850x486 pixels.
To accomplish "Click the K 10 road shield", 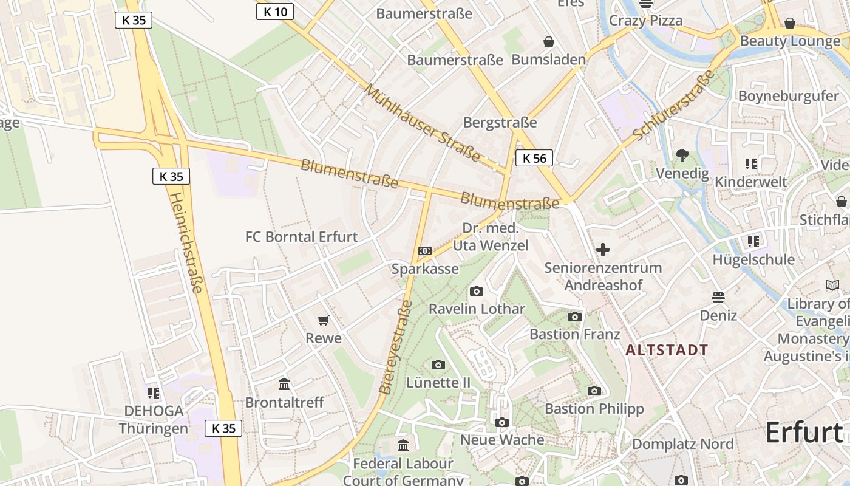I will point(275,12).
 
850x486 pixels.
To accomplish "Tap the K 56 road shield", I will point(534,159).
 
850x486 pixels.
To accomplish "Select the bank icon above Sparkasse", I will point(425,251).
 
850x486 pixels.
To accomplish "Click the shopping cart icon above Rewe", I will point(324,320).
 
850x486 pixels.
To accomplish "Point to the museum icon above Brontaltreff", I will point(284,384).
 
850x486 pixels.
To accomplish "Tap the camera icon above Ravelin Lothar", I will point(477,292).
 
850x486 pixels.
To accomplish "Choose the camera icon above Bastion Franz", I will point(575,317).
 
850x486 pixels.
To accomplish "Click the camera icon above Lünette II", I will point(438,364).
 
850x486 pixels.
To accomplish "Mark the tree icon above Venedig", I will point(682,156).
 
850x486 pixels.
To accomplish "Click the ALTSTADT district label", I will point(667,350).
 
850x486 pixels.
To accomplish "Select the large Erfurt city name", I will point(804,433).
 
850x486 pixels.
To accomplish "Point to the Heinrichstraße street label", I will point(185,243).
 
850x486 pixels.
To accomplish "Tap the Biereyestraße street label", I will point(395,347).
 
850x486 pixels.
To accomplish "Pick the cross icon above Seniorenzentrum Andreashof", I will point(602,250).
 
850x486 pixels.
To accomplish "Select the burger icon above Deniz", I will point(718,298).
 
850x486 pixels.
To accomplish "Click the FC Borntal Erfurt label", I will point(301,237).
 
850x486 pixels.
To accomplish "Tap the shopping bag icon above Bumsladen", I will point(549,42).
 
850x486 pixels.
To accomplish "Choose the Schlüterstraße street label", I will point(674,105).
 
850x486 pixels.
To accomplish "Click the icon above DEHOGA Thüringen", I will point(154,393).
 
